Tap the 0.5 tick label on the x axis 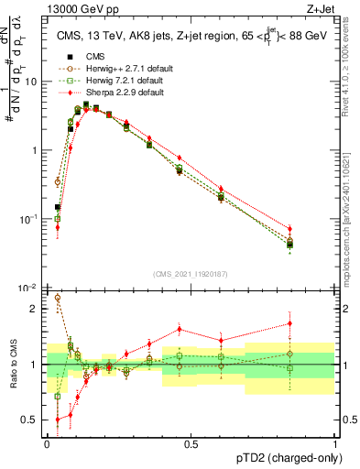191,443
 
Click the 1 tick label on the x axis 334,443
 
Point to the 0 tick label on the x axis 47,443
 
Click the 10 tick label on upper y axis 32,82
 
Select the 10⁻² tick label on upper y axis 29,288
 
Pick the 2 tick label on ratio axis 36,309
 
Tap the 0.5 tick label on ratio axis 32,420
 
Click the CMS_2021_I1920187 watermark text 190,274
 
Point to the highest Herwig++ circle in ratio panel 58,298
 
